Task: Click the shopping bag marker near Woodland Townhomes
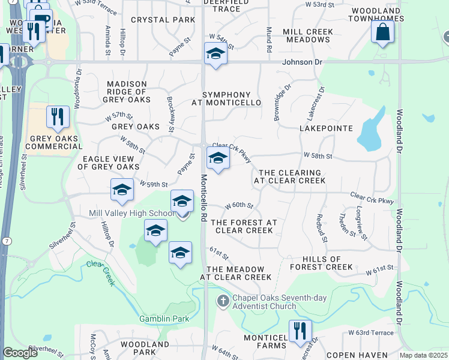pos(382,33)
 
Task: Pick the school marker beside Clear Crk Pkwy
pos(218,159)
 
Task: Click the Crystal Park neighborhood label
pos(163,20)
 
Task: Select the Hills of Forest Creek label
pos(321,262)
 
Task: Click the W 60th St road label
pos(240,206)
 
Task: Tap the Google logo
pos(20,353)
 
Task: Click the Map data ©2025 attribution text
pos(424,355)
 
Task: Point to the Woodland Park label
pos(145,349)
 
